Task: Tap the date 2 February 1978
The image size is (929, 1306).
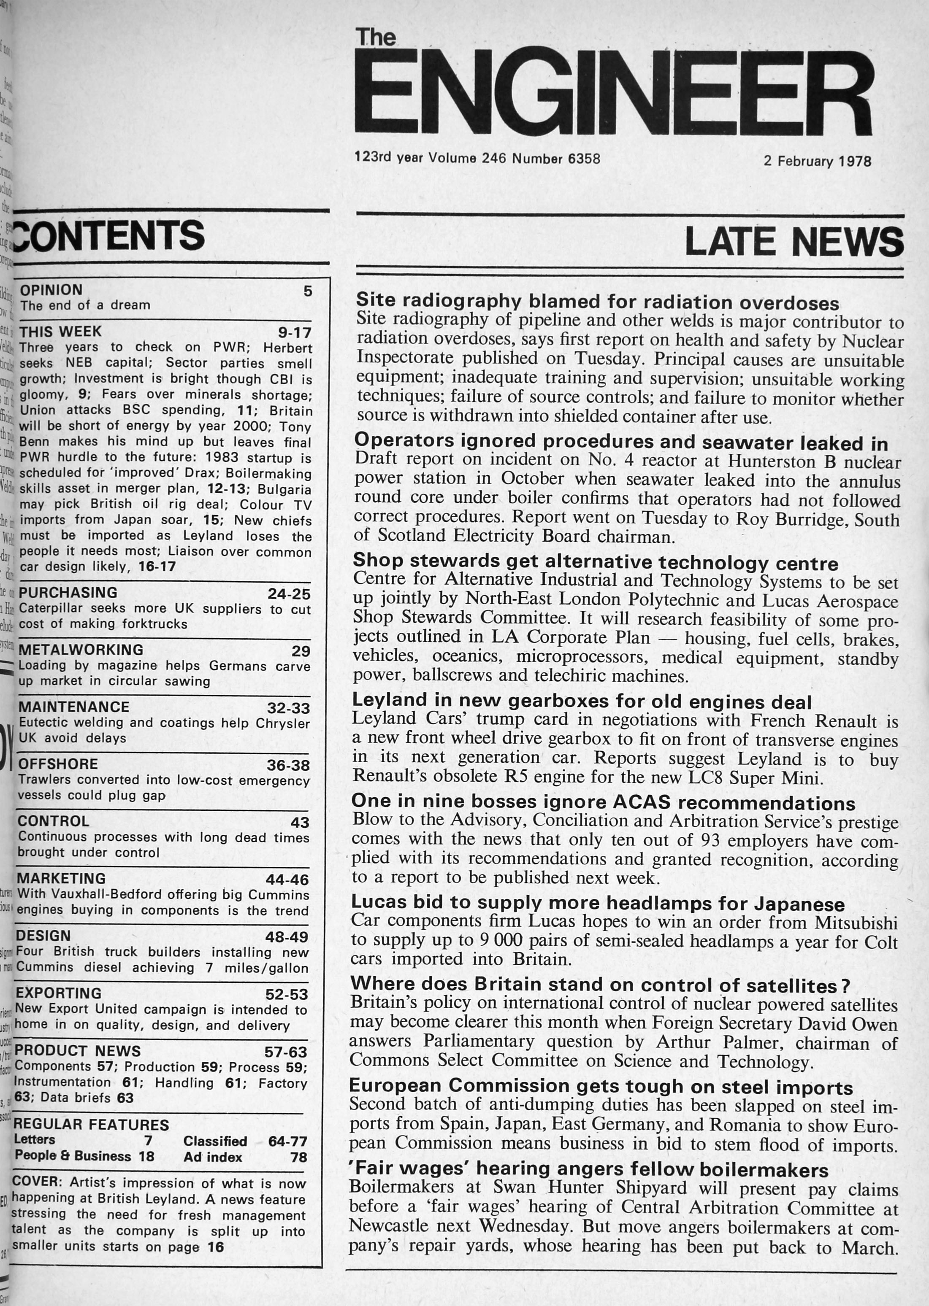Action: [817, 161]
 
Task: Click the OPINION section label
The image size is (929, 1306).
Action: [51, 290]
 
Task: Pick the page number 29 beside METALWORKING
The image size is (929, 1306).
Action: [301, 651]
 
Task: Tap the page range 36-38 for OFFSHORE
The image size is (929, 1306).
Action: [288, 765]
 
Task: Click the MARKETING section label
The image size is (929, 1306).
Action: [61, 879]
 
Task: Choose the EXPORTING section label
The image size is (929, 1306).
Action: [58, 993]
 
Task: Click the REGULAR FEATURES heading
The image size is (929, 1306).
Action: [92, 1125]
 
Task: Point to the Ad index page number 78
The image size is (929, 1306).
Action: [298, 1158]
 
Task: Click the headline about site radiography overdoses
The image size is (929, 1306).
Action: [597, 301]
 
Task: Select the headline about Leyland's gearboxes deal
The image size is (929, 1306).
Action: [582, 700]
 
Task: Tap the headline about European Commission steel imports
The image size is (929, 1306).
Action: [601, 1087]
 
